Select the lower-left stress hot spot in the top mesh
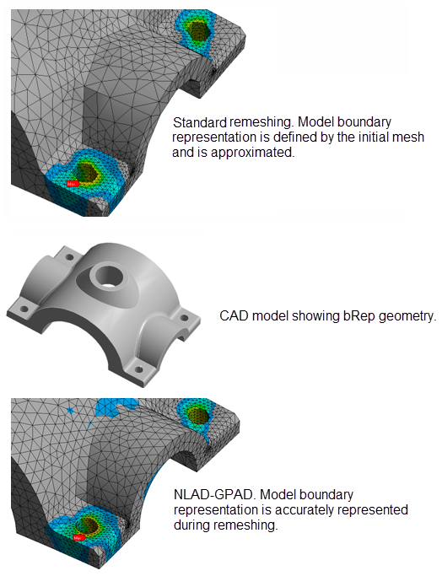(x=84, y=172)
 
